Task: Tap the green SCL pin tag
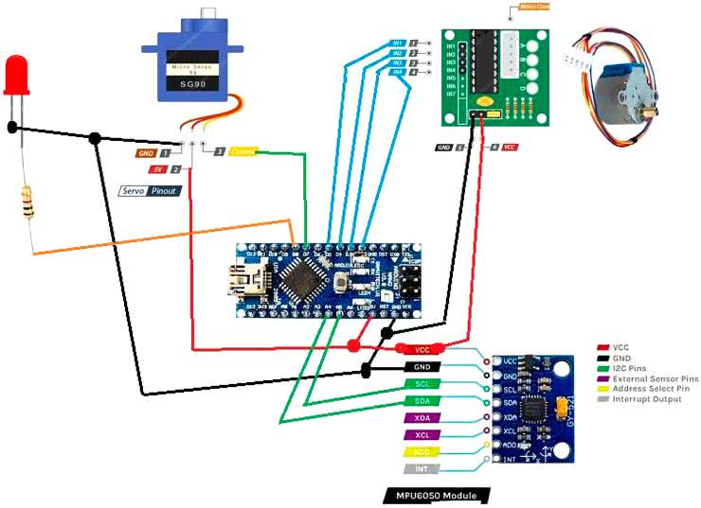click(422, 383)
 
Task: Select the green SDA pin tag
click(422, 401)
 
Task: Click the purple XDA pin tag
click(422, 417)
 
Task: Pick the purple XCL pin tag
click(422, 434)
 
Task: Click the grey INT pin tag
click(422, 468)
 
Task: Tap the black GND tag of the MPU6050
click(422, 366)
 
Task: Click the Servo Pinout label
click(155, 190)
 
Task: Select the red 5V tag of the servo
click(156, 169)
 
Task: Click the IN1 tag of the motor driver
click(398, 44)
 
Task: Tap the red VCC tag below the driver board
click(509, 148)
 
